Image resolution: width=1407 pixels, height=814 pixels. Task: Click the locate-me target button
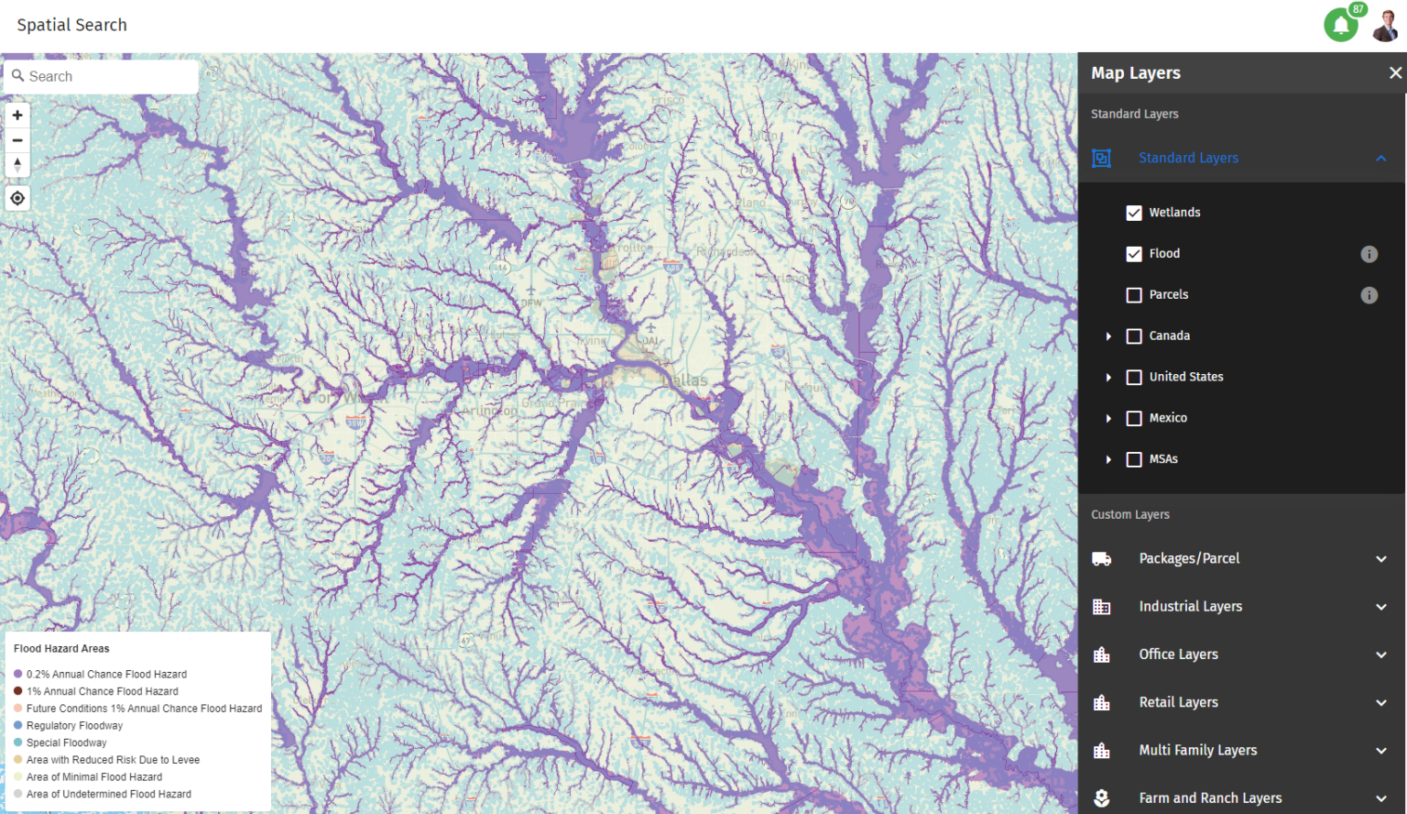[17, 198]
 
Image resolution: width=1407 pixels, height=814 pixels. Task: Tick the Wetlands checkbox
[1134, 213]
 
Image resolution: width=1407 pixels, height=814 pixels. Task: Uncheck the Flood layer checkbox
[1134, 254]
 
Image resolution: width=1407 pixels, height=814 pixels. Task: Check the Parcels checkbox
[1134, 295]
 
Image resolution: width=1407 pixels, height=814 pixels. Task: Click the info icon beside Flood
[1369, 254]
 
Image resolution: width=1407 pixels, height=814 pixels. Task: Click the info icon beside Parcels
[1369, 295]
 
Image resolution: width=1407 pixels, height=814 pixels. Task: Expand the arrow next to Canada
[1108, 336]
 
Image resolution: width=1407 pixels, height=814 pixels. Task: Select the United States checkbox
[1134, 377]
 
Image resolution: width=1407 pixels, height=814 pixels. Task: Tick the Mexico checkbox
[1134, 418]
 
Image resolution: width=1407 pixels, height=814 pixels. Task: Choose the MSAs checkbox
[1134, 459]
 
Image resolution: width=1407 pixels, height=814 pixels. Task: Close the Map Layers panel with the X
[1395, 72]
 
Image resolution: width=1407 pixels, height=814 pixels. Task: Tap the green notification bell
[1341, 25]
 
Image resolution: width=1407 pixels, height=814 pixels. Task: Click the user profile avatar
[1385, 25]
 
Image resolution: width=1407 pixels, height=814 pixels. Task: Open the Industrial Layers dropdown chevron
[1380, 607]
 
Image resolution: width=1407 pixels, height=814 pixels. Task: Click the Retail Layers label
[1178, 702]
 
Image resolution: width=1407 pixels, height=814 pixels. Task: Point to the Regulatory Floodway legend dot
[18, 725]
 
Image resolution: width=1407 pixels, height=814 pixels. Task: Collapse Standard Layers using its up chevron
[1380, 159]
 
